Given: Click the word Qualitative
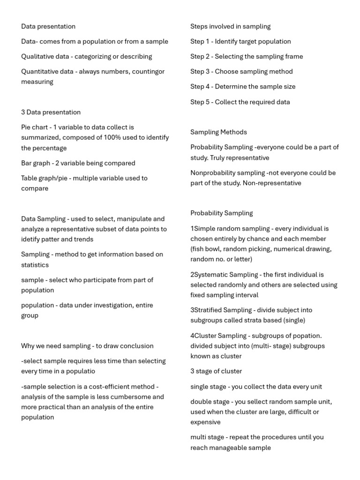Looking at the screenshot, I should tap(37, 57).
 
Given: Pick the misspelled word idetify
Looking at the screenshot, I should tap(31, 240).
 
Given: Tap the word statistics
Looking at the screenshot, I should tap(35, 265).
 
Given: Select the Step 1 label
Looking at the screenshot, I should tap(200, 42).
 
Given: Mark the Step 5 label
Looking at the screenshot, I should tap(200, 102).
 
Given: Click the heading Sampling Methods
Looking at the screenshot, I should tap(218, 132).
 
